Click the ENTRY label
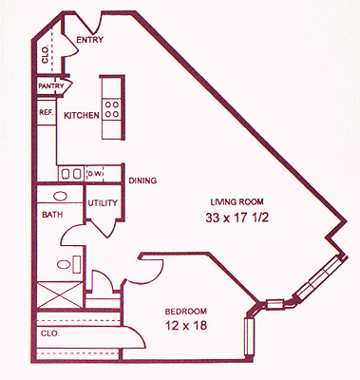coord(90,40)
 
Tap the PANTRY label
coord(51,85)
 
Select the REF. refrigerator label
coord(46,112)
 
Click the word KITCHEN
coord(82,115)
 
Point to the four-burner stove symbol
coord(112,108)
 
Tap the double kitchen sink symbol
coord(71,174)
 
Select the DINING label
coord(142,180)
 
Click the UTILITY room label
coord(103,202)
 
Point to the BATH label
coord(52,215)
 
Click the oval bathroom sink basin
coord(61,197)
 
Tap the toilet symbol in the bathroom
coord(69,264)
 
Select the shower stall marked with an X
coord(60,294)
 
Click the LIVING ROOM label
coord(237,201)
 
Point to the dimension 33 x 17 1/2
coord(237,218)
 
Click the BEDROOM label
coord(186,312)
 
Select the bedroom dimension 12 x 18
coord(186,325)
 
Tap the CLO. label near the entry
coord(45,54)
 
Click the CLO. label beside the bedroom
coord(49,333)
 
